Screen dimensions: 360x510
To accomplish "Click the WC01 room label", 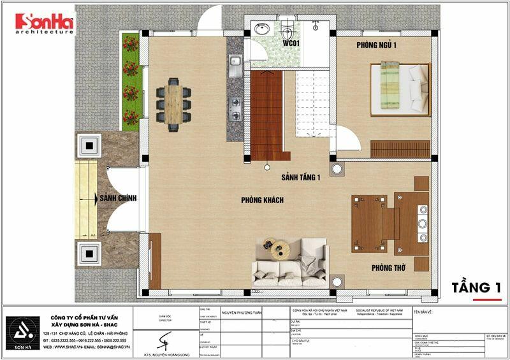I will (x=293, y=43).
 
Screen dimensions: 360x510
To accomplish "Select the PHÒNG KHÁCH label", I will (x=262, y=200).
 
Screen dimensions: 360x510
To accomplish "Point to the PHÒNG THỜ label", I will (x=389, y=268).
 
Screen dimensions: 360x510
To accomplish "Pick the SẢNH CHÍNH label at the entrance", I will (x=119, y=199).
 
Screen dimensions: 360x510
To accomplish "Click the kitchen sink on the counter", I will (x=235, y=62).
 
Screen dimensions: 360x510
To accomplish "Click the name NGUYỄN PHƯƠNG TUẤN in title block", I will (x=242, y=313).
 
